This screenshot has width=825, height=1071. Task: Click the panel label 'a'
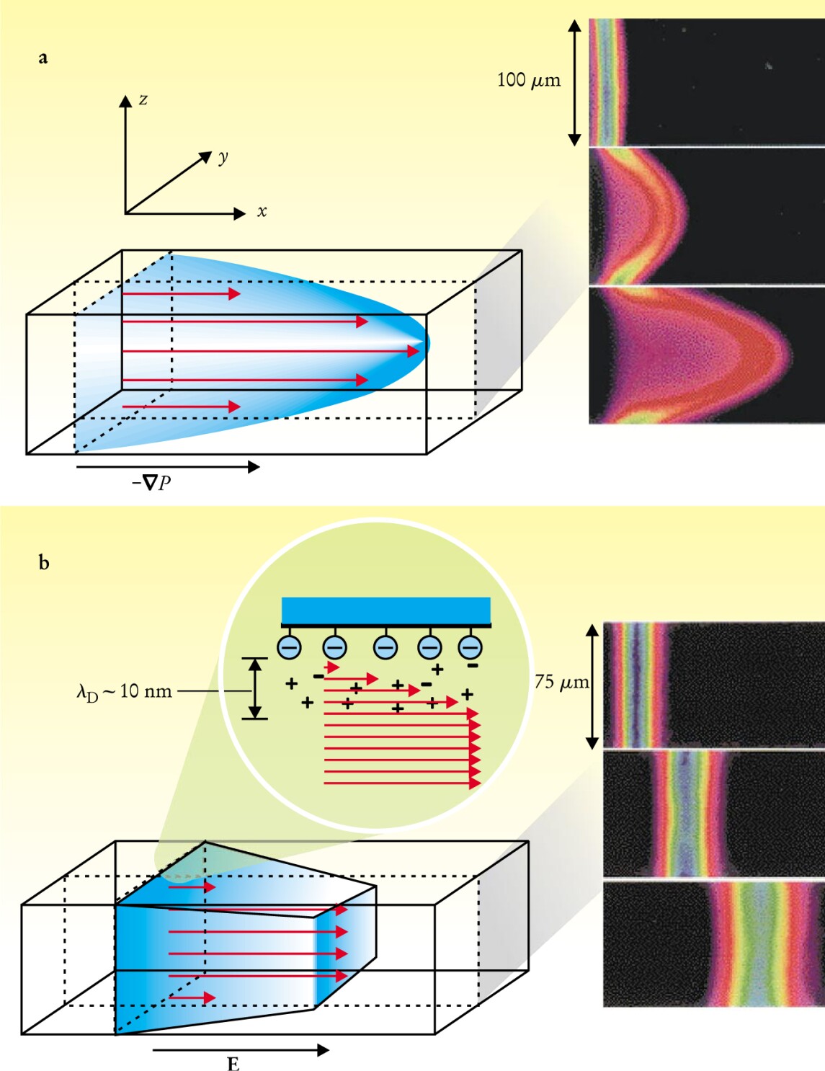coord(43,58)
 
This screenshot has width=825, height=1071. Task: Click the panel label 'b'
coord(44,562)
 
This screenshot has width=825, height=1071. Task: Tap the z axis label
coord(143,99)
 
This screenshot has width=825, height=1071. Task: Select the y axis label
coord(223,157)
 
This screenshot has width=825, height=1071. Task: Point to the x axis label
coord(262,212)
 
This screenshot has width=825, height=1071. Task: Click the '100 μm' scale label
coord(528,80)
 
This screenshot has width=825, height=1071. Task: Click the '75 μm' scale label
coord(561,682)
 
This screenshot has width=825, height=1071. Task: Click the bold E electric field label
coord(233,1064)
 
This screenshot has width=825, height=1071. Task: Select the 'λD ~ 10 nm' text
coord(125,692)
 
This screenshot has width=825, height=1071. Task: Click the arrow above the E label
coord(241,1050)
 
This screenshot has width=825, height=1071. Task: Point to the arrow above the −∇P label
coord(167,467)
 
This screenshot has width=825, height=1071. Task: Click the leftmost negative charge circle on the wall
coord(290,646)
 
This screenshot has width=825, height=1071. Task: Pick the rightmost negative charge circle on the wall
coord(471,646)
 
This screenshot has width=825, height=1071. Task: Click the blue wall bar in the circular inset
coord(386,610)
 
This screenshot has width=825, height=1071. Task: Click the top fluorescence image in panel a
coord(706,82)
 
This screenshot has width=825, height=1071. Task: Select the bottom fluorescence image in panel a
coord(706,355)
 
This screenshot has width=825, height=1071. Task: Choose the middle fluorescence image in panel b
coord(713,814)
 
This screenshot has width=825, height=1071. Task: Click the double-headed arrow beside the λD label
coord(254,688)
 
